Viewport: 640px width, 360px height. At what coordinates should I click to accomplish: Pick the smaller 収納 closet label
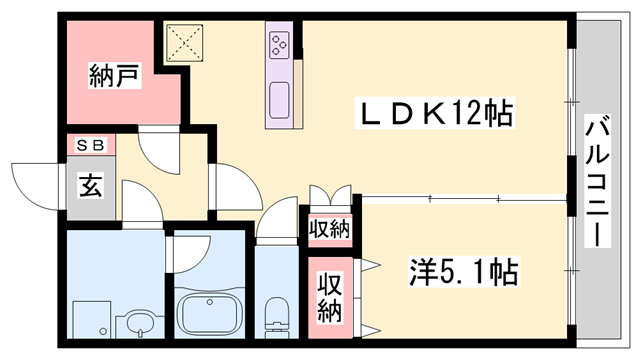point(329,228)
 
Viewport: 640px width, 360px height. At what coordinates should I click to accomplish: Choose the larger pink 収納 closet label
point(330,297)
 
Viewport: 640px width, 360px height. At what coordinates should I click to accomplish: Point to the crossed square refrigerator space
point(186,42)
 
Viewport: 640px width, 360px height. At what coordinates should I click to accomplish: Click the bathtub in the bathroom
point(210,315)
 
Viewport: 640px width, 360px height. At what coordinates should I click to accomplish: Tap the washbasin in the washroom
point(138,323)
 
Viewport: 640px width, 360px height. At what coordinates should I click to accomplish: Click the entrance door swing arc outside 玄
point(36,180)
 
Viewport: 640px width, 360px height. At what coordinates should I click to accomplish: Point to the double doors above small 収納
point(330,196)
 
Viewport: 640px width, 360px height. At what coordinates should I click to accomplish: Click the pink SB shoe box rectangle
point(90,146)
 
